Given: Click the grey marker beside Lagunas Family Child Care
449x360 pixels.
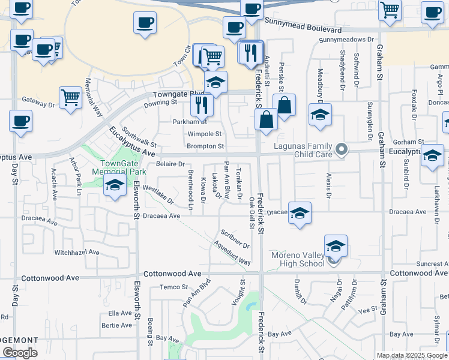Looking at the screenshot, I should (342, 149).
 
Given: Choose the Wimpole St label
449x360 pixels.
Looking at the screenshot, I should (205, 134).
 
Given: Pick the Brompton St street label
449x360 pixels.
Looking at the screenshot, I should (205, 146).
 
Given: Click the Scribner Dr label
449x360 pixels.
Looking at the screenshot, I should (235, 238).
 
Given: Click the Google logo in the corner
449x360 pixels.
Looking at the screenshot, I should (20, 352).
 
